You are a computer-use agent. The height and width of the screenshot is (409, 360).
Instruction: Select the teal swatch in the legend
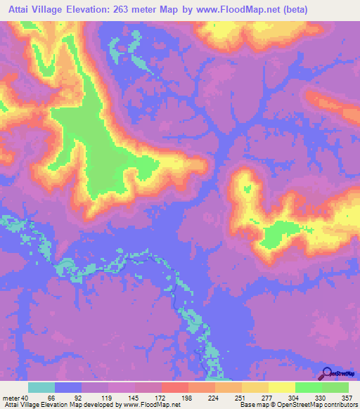click(x=41, y=387)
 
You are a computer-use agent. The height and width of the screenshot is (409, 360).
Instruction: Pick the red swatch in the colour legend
click(x=174, y=387)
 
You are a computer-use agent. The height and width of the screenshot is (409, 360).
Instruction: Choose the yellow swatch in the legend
click(x=281, y=387)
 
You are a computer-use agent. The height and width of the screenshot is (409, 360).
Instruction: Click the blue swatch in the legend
click(x=68, y=387)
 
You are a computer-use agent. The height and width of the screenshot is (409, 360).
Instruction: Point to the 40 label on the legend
click(x=25, y=398)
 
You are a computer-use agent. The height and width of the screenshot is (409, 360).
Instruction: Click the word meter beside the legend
click(x=11, y=398)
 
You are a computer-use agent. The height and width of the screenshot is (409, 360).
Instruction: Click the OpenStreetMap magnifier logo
click(x=327, y=373)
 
